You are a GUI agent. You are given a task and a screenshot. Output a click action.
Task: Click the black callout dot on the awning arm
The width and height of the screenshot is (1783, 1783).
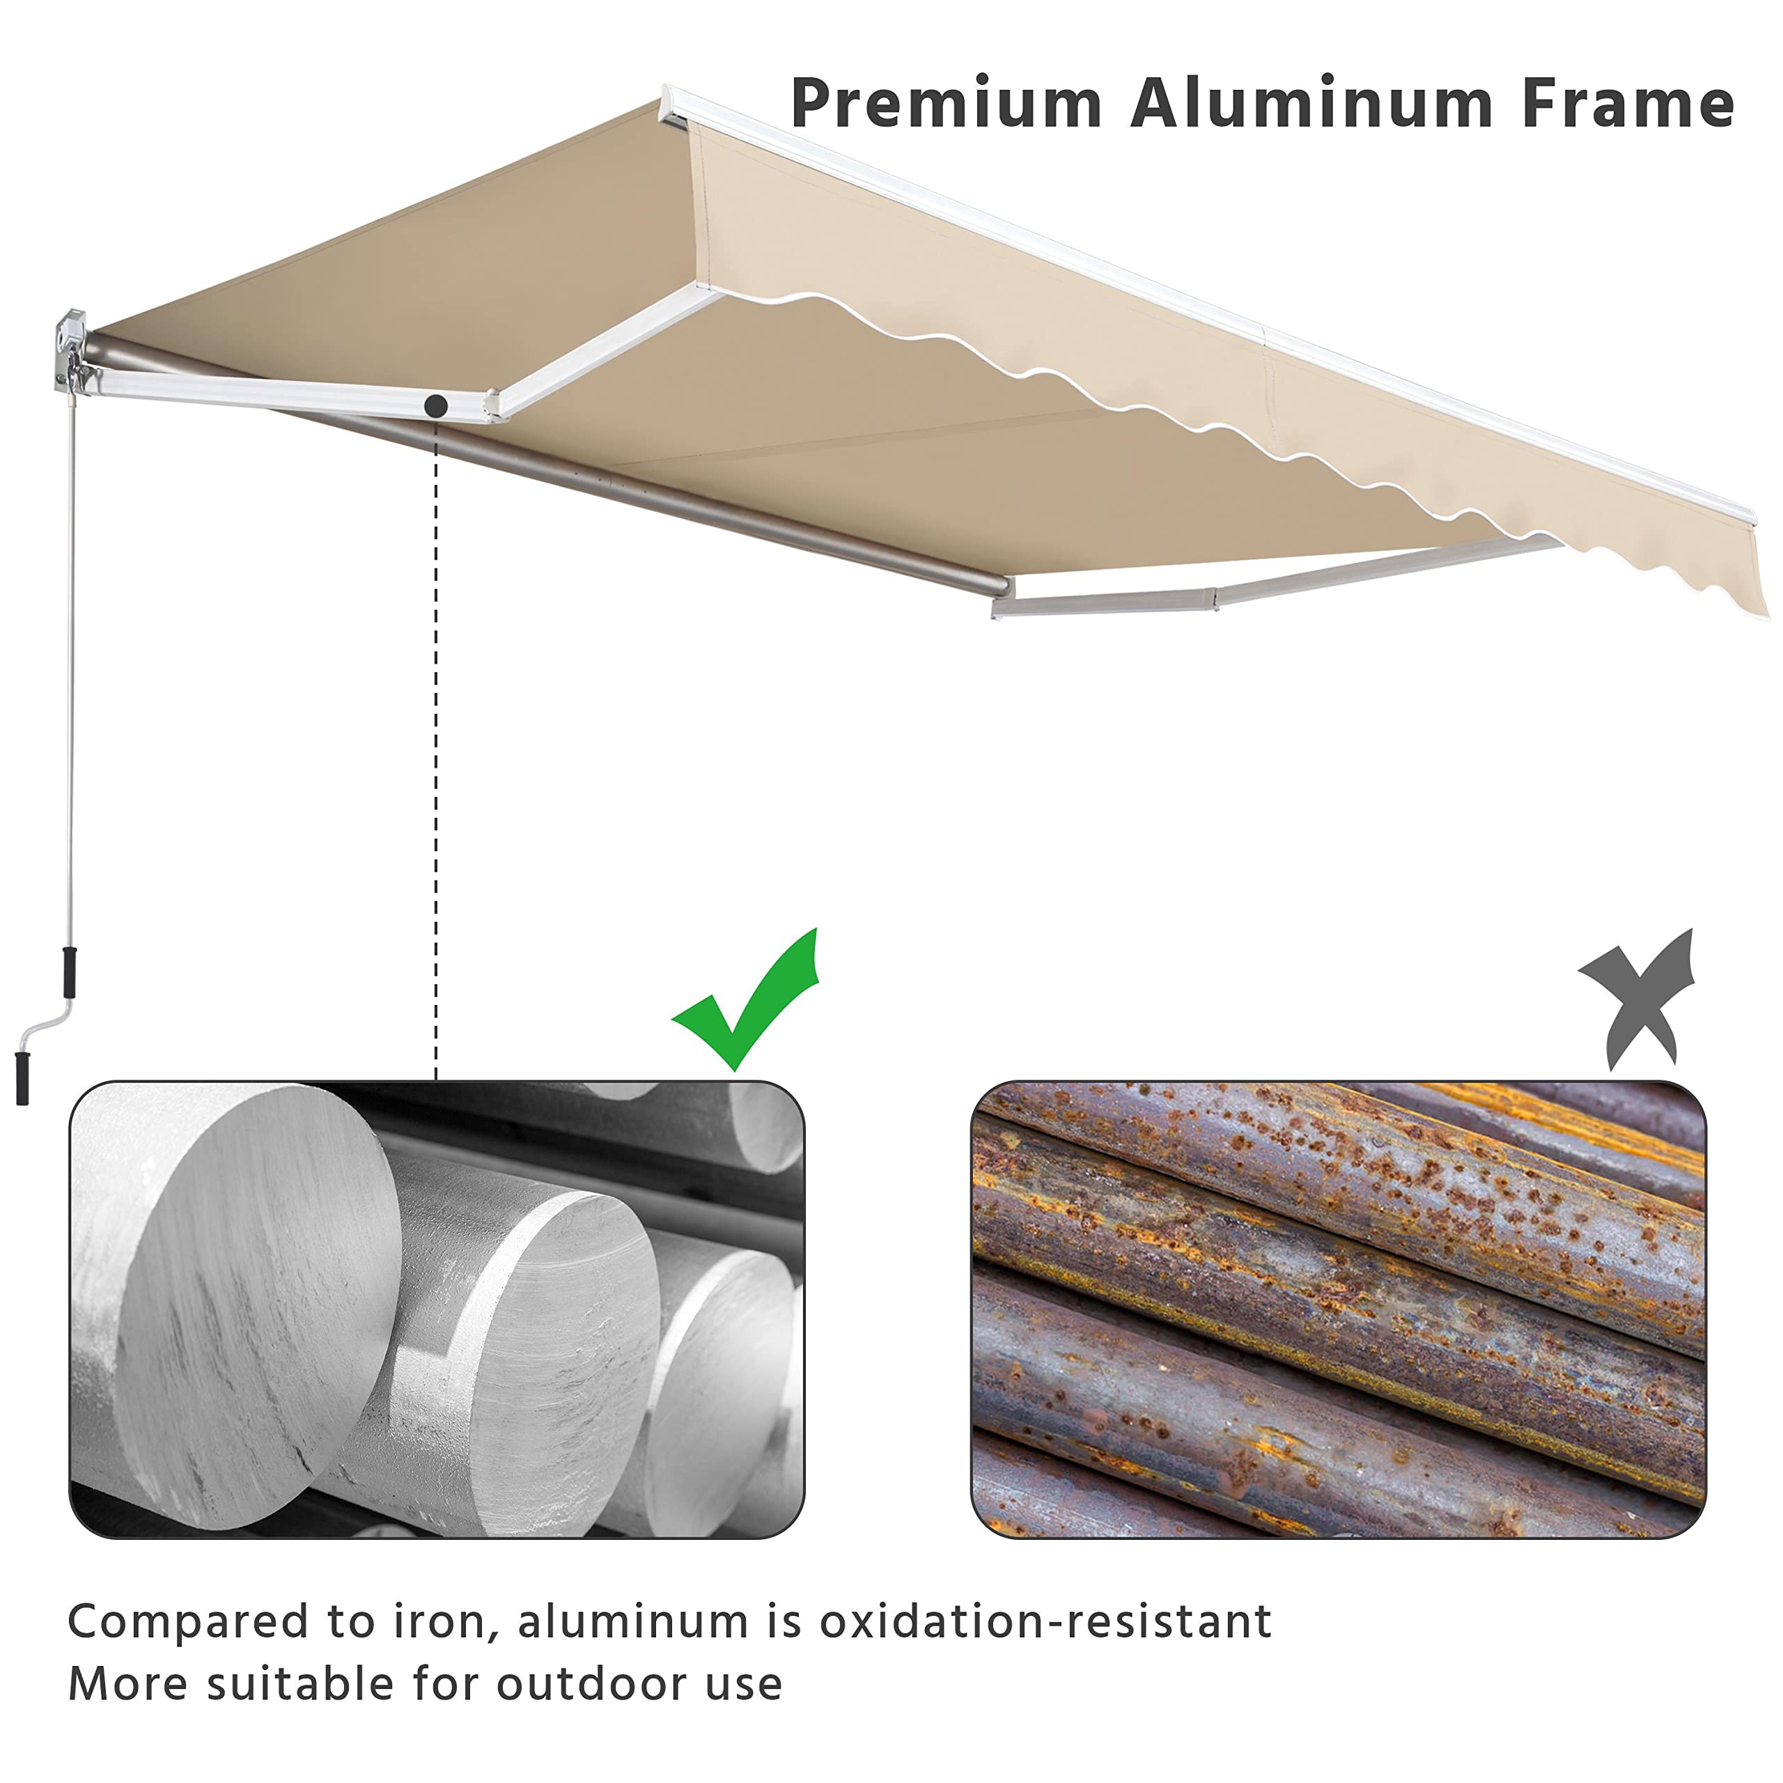(x=437, y=405)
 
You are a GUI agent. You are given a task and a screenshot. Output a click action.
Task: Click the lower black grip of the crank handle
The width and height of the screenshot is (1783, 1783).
(x=23, y=1077)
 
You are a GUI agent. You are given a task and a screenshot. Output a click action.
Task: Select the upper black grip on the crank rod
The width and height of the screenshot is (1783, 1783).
(x=69, y=971)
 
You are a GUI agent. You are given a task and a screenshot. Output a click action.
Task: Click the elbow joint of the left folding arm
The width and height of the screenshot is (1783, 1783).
(x=493, y=405)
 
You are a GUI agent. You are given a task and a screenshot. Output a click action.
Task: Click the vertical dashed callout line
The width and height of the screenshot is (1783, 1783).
(x=435, y=738)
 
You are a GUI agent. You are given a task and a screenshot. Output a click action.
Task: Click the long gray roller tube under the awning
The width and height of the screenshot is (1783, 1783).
(x=646, y=489)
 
